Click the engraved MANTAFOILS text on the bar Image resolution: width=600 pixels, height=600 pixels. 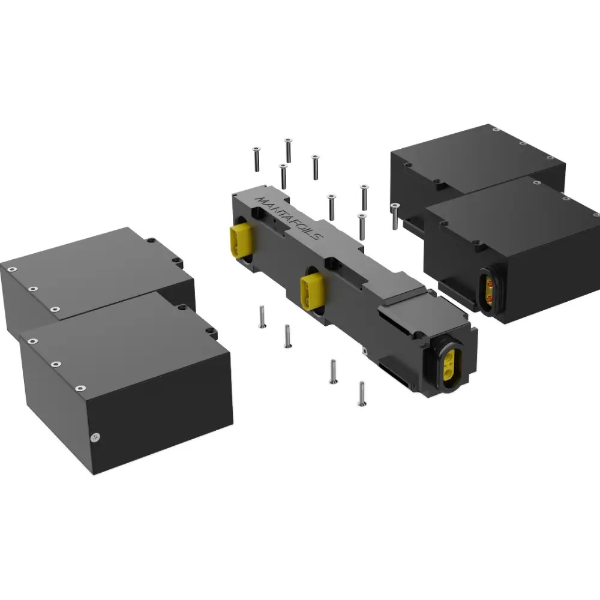click(x=289, y=217)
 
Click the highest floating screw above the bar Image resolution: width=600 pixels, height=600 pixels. click(x=288, y=150)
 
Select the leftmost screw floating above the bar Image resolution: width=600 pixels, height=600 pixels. click(x=256, y=159)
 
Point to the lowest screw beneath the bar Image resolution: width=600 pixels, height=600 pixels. click(x=361, y=394)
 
